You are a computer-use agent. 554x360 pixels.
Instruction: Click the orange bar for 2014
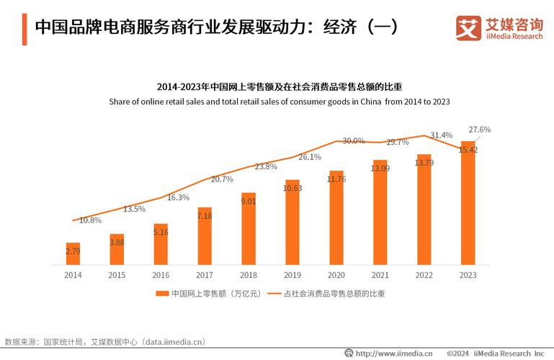coord(73,253)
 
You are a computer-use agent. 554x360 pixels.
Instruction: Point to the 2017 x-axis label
coord(204,275)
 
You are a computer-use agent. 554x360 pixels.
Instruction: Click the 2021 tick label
coord(380,275)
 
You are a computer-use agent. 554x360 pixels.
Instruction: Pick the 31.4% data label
coord(441,135)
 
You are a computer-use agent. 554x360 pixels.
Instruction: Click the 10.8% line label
coord(90,220)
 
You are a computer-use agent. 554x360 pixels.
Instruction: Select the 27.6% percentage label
coord(479,130)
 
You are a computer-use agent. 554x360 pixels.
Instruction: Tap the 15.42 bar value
coord(468,150)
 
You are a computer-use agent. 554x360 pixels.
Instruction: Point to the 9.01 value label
coord(248,202)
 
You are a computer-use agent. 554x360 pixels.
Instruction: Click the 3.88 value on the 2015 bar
coord(117,243)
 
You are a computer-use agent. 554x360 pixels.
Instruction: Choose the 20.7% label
coord(222,179)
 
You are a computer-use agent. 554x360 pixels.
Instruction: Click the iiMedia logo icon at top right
coord(468,29)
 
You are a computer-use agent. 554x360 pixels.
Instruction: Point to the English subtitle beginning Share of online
coord(280,102)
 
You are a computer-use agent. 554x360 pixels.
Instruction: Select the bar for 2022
coord(424,210)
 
